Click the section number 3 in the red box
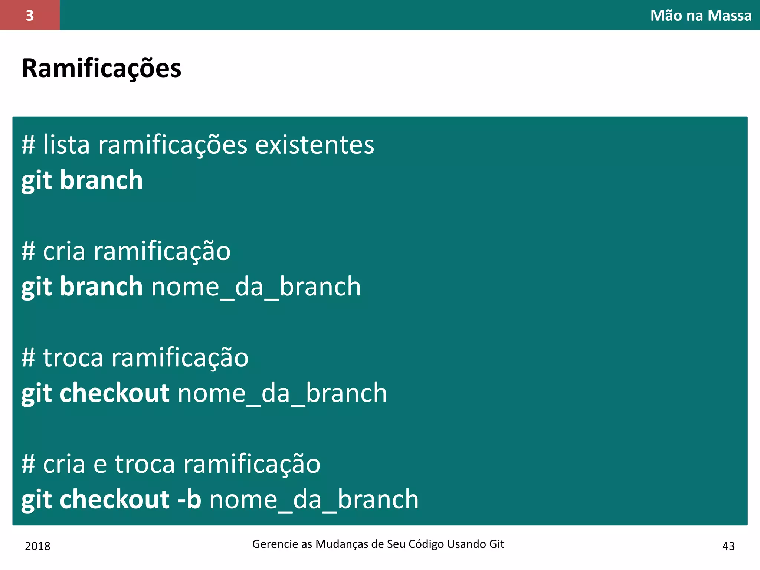(30, 16)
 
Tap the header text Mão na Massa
(701, 16)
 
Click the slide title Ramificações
(101, 69)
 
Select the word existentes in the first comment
(315, 145)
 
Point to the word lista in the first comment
(66, 145)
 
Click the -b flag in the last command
(189, 499)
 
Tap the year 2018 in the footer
(37, 546)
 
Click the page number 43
(728, 546)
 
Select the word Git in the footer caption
(497, 544)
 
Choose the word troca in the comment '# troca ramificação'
(73, 358)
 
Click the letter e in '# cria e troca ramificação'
(100, 465)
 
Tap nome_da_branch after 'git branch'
(256, 287)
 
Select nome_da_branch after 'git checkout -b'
(314, 499)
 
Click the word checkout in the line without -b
(115, 393)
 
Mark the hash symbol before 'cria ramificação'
(28, 252)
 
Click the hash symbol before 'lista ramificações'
(28, 145)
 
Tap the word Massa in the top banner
(730, 16)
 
